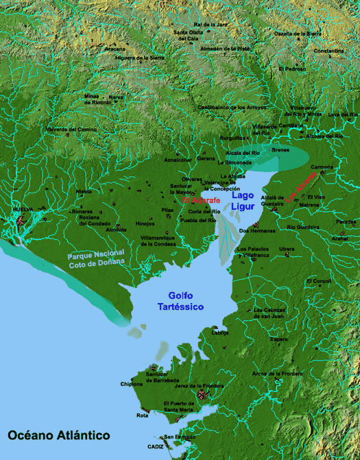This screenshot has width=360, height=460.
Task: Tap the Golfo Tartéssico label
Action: (180, 300)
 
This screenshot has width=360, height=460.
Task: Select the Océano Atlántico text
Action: (59, 435)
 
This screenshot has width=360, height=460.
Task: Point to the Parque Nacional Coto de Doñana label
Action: (96, 261)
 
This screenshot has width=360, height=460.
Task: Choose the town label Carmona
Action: (322, 167)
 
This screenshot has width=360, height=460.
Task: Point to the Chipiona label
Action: (132, 385)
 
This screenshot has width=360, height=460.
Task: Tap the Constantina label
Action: (329, 51)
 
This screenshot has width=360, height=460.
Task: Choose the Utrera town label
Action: (287, 249)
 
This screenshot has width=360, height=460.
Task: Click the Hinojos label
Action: (145, 223)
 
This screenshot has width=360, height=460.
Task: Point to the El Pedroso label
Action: (292, 69)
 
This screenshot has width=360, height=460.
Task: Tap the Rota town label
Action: (142, 415)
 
